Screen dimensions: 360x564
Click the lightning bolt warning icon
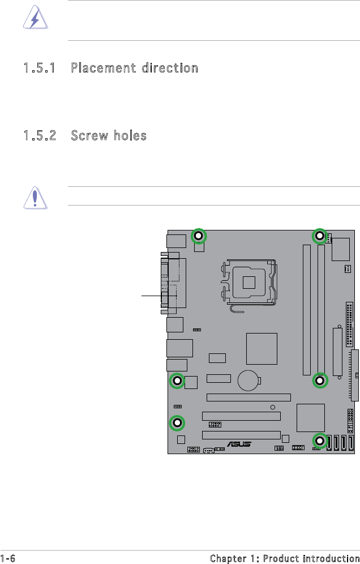click(x=35, y=17)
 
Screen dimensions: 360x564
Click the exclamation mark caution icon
click(x=35, y=198)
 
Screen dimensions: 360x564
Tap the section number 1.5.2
click(x=40, y=135)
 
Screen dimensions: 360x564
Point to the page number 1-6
click(x=8, y=558)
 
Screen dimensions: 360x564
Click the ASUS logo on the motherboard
click(x=239, y=444)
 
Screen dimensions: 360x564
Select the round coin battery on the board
click(x=248, y=381)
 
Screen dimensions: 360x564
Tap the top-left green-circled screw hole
click(x=199, y=236)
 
